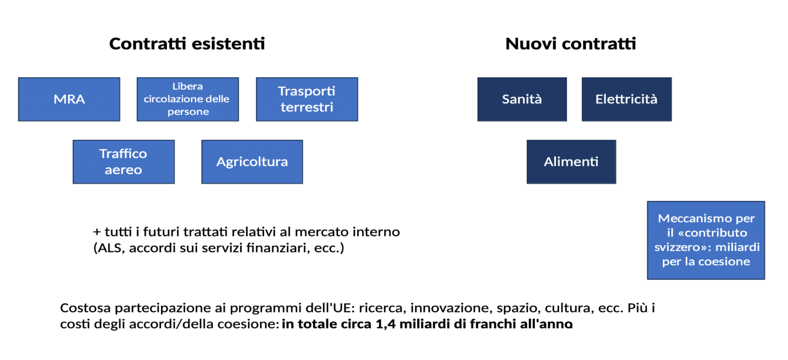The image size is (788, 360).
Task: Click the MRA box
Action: [x=69, y=99]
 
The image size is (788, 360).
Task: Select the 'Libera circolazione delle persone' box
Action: [x=188, y=99]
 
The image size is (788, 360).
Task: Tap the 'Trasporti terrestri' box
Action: [x=307, y=99]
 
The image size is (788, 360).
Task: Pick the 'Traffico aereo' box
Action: [x=124, y=161]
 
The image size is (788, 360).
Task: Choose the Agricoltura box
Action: [x=252, y=161]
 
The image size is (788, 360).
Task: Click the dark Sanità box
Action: [x=522, y=99]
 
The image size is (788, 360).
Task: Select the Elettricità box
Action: [x=626, y=99]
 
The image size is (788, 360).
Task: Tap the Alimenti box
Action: [x=571, y=161]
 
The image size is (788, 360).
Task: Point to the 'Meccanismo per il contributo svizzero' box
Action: [x=706, y=240]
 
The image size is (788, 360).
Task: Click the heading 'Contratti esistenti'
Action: [x=187, y=44]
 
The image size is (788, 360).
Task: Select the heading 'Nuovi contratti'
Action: [x=570, y=44]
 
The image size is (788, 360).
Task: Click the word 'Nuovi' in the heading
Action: [x=530, y=44]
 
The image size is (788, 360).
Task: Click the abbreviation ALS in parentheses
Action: [x=111, y=248]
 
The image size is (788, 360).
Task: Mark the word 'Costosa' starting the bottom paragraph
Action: [x=86, y=308]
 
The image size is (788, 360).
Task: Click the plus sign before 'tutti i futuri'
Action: [x=97, y=232]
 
